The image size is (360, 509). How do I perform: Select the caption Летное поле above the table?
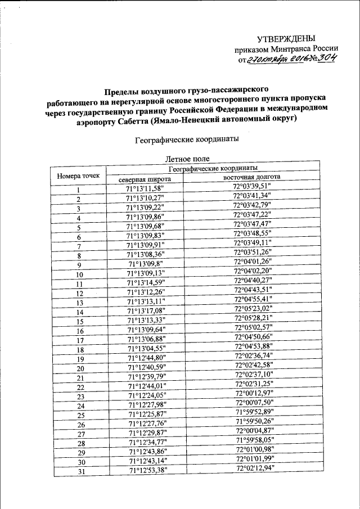(185, 159)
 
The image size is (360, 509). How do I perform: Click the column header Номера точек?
(78, 175)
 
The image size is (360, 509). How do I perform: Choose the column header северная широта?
(145, 180)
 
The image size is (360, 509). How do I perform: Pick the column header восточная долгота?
(251, 178)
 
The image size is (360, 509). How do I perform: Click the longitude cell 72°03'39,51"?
(252, 187)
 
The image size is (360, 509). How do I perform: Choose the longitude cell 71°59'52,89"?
(253, 412)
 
